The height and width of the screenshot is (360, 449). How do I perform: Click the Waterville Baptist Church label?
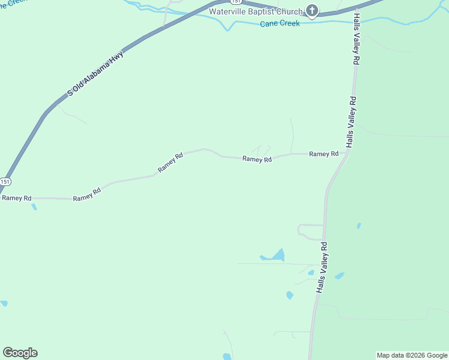(256, 11)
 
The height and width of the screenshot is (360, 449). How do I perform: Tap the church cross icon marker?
(312, 10)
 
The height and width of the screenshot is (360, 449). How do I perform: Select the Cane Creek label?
(280, 24)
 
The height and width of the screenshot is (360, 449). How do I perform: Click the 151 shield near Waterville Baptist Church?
(238, 2)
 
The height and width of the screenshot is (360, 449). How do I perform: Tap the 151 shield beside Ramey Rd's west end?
(5, 181)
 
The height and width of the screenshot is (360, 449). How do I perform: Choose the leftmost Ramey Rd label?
(16, 198)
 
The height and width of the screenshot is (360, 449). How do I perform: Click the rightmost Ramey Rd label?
(324, 154)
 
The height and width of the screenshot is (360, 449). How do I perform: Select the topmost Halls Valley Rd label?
(355, 38)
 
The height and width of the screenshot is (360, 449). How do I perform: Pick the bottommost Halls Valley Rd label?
(322, 268)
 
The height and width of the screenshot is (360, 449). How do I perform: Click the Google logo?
(20, 353)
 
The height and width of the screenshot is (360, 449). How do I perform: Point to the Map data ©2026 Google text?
(412, 355)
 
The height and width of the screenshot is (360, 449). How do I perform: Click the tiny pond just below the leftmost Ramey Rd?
(34, 207)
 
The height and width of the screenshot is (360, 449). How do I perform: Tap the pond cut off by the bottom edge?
(227, 356)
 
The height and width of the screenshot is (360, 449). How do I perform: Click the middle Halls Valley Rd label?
(351, 122)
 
